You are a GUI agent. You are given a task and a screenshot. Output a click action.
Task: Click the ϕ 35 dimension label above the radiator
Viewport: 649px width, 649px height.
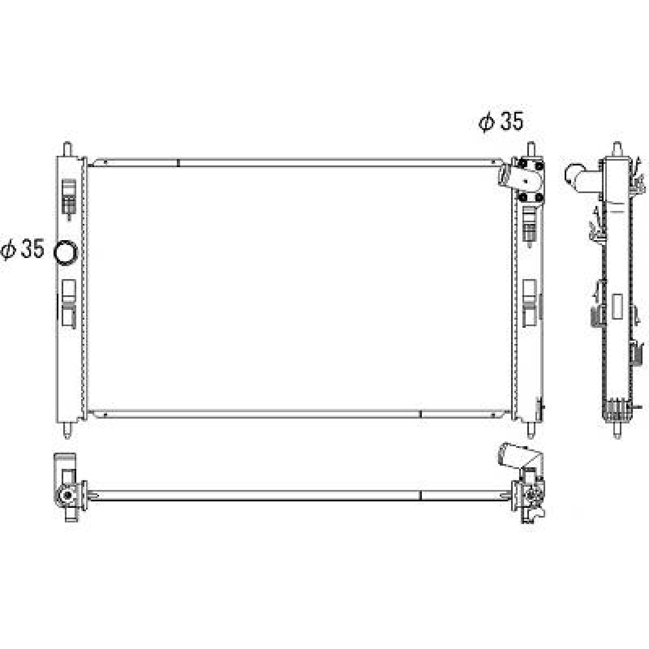tap(501, 122)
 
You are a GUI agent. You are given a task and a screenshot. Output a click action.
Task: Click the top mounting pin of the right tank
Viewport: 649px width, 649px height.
tap(530, 149)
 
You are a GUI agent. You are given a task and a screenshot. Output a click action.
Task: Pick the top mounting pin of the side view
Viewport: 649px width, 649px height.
tap(617, 149)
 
